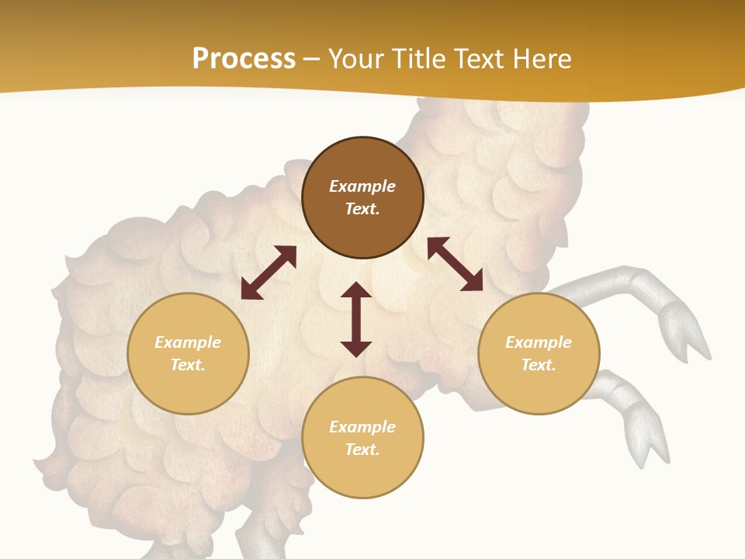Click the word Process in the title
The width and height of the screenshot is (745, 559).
tap(244, 59)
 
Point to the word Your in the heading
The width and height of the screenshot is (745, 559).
tap(356, 59)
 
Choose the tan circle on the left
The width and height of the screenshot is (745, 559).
tap(188, 353)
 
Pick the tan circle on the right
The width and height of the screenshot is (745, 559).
tap(539, 353)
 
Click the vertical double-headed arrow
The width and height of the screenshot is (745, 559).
tap(356, 319)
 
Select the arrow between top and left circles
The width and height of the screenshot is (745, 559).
tap(269, 273)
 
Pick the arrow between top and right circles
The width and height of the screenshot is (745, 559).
tap(455, 264)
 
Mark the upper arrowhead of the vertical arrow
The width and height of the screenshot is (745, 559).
tap(356, 291)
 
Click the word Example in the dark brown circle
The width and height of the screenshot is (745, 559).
tap(362, 186)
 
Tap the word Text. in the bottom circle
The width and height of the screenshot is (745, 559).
tap(362, 450)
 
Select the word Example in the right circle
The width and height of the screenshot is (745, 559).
tap(539, 342)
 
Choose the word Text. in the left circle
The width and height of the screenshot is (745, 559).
tap(188, 365)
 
